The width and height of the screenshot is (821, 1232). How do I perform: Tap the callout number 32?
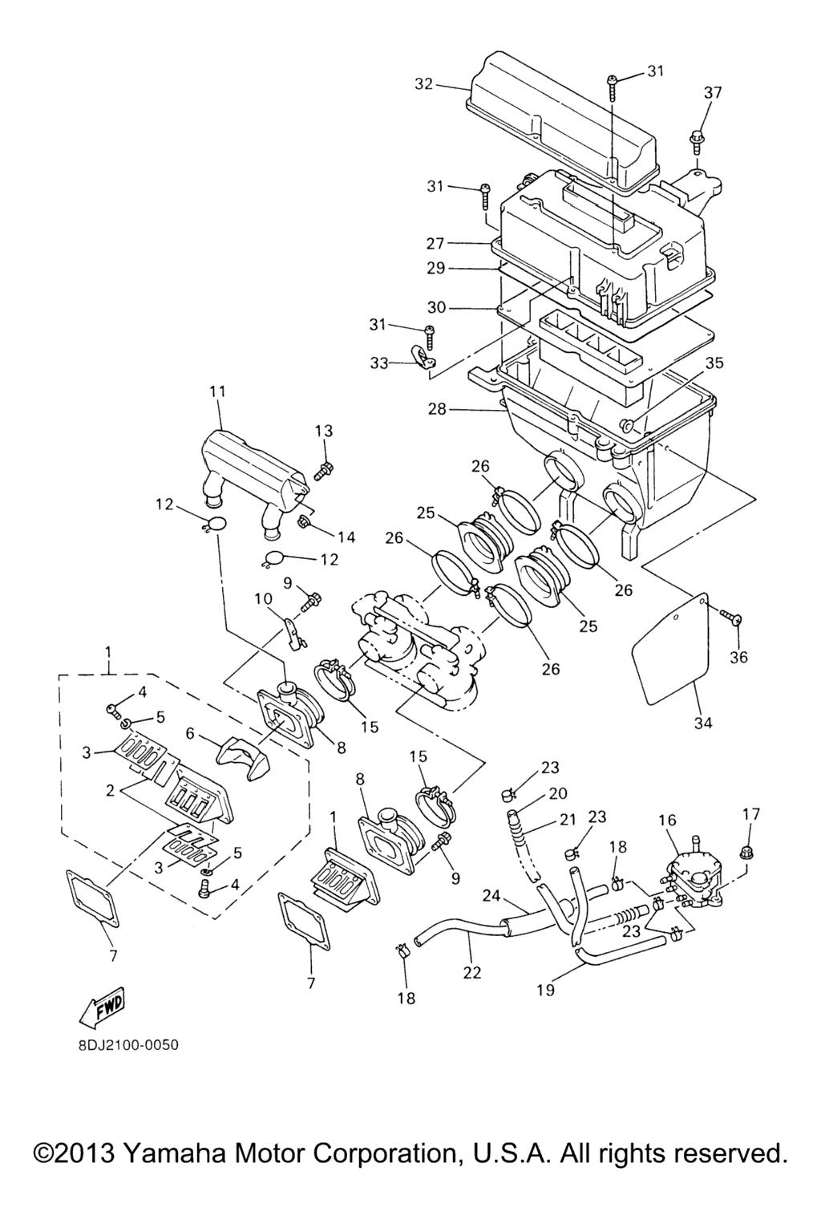[424, 83]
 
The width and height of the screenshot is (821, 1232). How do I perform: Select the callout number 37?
[713, 93]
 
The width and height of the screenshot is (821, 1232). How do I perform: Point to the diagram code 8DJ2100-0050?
[123, 1045]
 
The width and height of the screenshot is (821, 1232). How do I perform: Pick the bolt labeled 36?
[735, 618]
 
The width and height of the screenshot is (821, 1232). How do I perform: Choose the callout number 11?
[217, 392]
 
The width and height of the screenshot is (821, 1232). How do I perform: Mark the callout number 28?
[436, 409]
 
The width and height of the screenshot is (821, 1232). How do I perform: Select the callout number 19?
[545, 990]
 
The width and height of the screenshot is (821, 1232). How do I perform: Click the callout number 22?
[472, 972]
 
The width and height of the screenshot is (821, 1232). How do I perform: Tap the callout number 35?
[714, 363]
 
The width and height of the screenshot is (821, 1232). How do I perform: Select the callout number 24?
[491, 895]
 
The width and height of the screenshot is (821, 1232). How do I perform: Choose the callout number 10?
[264, 599]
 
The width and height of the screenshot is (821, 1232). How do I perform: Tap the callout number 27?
[435, 243]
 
